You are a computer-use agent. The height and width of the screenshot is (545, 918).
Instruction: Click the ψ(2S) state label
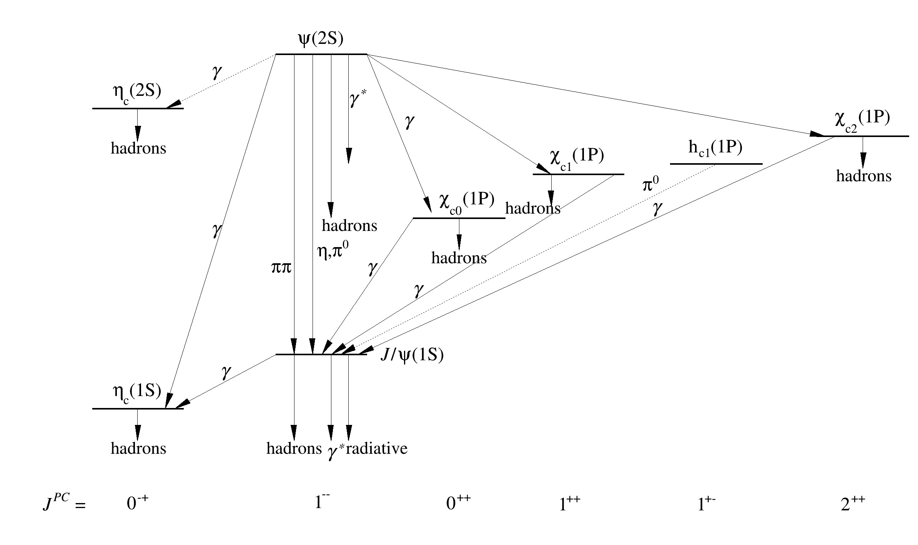[x=321, y=39]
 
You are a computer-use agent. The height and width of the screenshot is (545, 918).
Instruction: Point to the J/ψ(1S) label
[x=412, y=355]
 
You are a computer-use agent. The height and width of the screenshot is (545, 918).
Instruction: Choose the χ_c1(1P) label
[x=577, y=157]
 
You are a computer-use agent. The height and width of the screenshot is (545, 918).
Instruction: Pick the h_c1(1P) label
[x=715, y=148]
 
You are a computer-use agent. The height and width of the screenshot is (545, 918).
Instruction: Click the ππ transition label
[x=281, y=267]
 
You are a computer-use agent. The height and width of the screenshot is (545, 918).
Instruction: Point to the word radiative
[x=377, y=448]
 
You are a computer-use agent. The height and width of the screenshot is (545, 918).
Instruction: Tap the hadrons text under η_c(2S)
[x=138, y=148]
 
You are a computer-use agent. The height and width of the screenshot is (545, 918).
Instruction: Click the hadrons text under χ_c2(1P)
[x=864, y=176]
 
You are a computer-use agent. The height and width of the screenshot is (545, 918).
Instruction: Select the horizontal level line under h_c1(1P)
[x=716, y=164]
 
